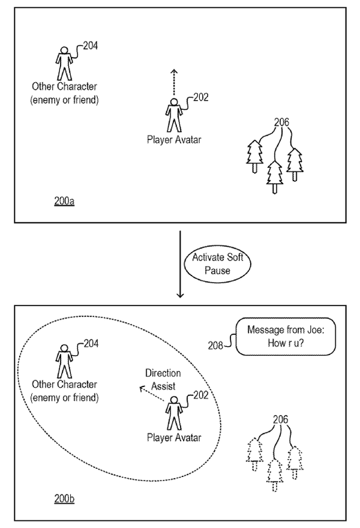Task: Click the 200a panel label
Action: (x=64, y=202)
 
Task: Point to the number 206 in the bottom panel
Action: (x=280, y=419)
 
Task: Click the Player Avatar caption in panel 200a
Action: (x=173, y=140)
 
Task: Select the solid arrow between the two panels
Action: (x=179, y=263)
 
